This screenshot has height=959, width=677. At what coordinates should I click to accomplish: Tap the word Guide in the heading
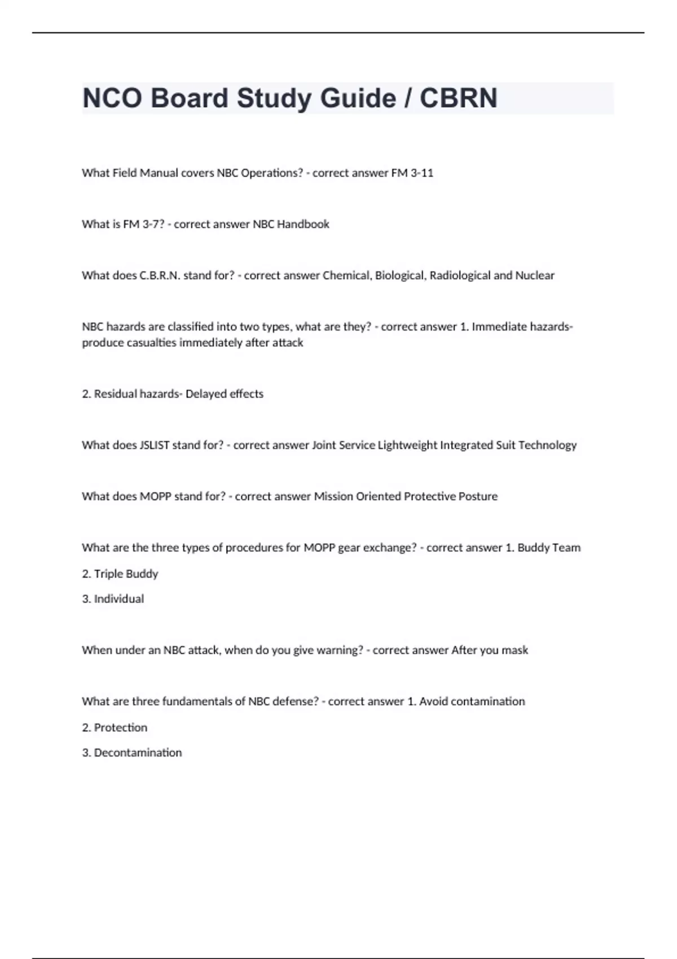coord(358,98)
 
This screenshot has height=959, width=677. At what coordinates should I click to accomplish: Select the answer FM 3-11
coord(412,173)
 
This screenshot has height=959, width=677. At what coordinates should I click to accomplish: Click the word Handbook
coord(303,225)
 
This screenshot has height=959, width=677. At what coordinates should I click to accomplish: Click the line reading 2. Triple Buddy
coord(120,574)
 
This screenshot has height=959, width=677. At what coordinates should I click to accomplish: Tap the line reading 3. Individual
coord(113,599)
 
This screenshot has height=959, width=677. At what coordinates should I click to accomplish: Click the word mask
coord(515,650)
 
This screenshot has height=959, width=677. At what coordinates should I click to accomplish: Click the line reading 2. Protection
coord(115,728)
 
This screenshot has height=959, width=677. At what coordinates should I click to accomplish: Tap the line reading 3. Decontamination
coord(132,753)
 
